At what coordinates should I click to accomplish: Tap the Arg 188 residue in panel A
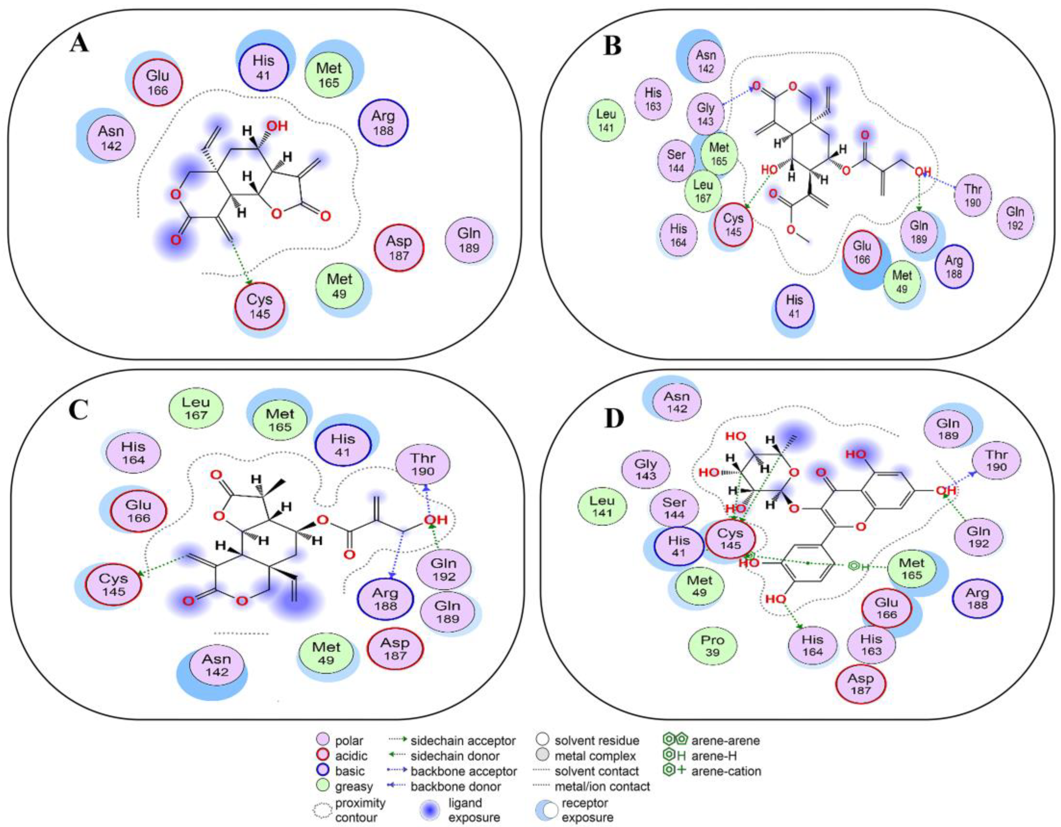tap(383, 123)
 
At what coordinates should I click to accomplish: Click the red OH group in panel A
tap(277, 126)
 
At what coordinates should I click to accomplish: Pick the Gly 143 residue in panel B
tap(705, 114)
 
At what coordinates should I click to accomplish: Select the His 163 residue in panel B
tap(653, 99)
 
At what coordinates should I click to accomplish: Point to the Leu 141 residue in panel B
tap(606, 121)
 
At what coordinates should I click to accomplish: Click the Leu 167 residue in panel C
tap(196, 408)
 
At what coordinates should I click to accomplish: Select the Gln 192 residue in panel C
tap(443, 570)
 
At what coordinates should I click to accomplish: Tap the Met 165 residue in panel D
tap(911, 569)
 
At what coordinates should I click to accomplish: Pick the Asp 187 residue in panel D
tap(860, 684)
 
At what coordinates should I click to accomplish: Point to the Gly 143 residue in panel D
tap(646, 469)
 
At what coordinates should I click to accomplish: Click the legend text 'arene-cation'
tap(726, 771)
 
